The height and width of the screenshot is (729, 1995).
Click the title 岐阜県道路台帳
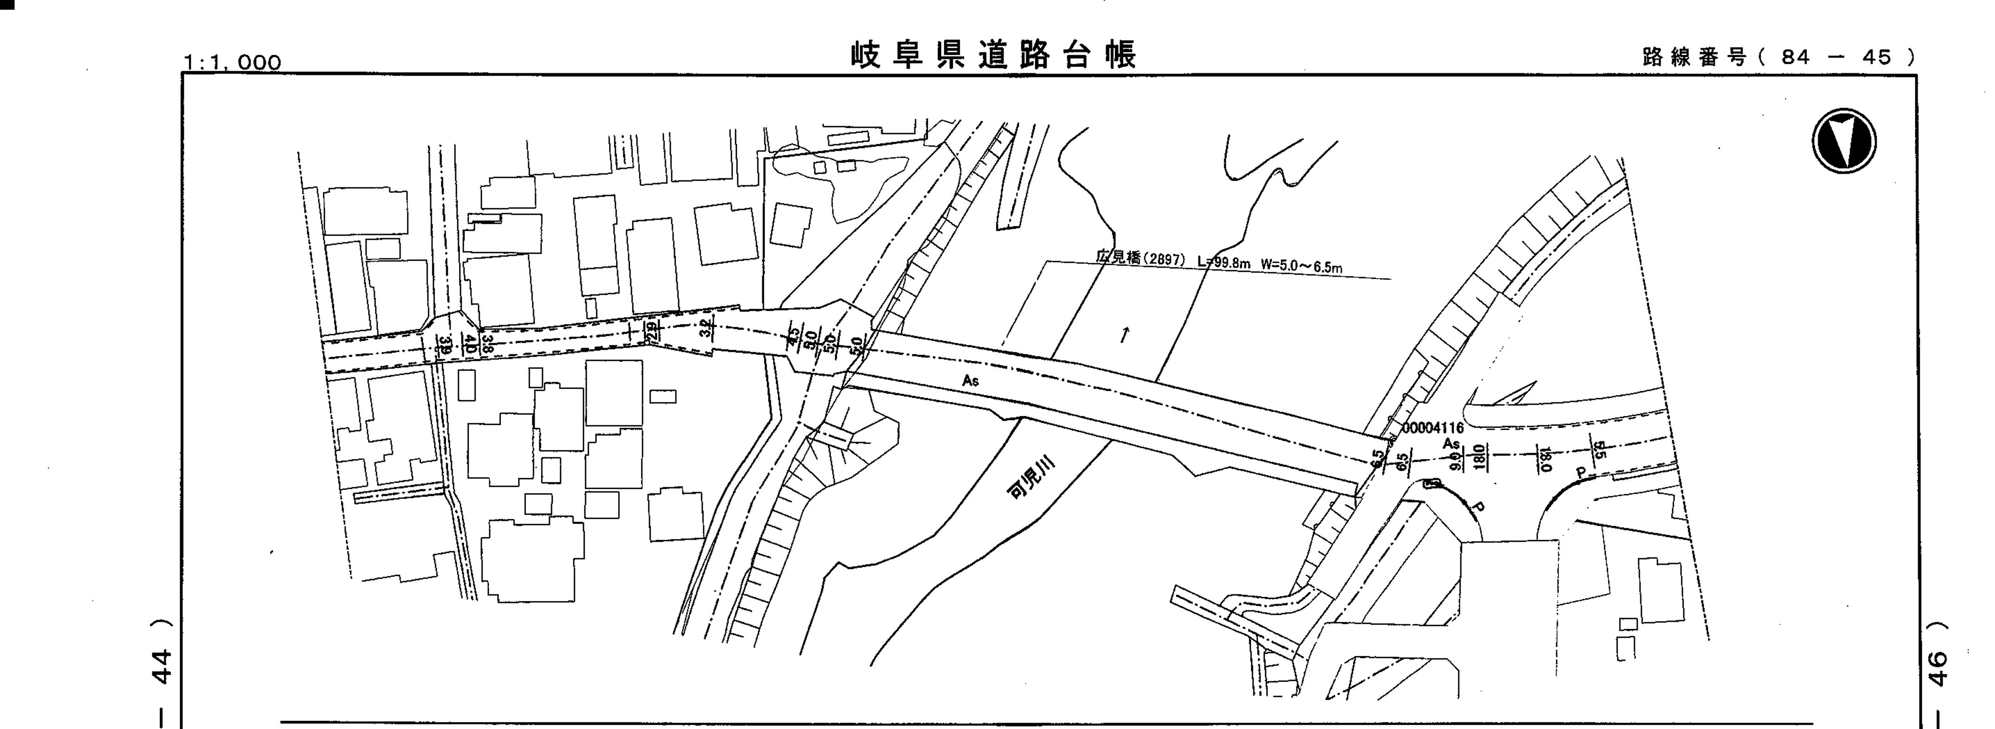coord(994,56)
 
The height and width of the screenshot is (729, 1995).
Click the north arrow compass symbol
coord(1844,141)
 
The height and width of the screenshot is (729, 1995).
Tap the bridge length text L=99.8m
coord(1224,262)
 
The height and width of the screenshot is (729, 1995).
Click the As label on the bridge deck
coord(970,381)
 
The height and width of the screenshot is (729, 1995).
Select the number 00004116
coord(1433,428)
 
